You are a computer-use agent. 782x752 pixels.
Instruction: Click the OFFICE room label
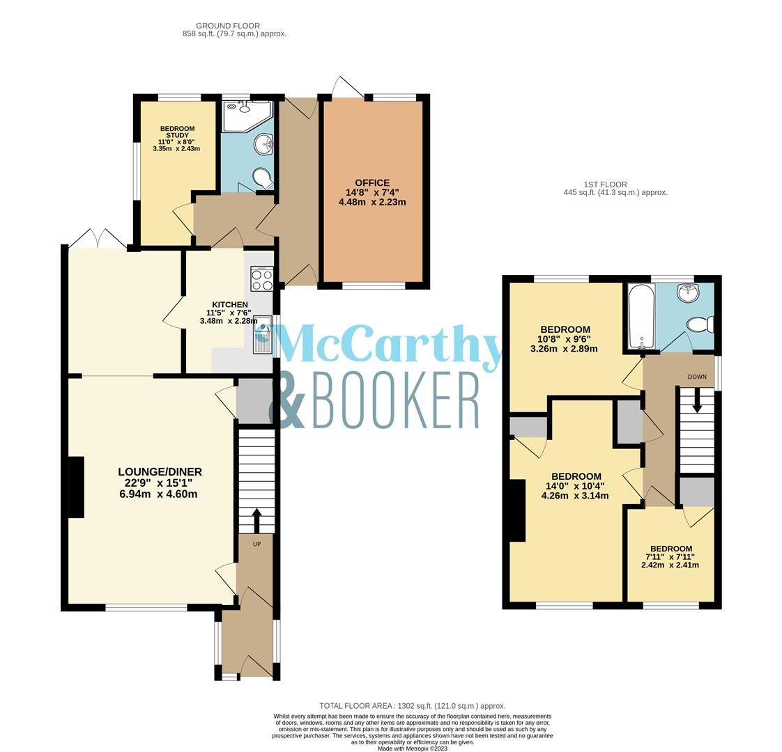(372, 183)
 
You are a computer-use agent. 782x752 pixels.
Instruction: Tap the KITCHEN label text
(229, 305)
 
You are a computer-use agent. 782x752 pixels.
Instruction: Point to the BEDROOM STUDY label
(177, 132)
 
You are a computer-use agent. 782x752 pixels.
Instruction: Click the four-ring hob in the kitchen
(262, 279)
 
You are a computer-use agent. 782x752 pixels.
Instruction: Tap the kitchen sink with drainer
(263, 334)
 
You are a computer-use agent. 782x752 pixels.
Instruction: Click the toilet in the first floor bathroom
(699, 324)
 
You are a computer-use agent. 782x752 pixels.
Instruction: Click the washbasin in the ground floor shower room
(263, 145)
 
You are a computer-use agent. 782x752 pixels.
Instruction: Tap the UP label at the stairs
(256, 544)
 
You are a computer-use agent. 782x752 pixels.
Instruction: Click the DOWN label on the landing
(697, 377)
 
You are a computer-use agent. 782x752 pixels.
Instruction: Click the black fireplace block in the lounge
(75, 487)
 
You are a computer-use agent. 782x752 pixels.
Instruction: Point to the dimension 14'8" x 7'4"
(372, 193)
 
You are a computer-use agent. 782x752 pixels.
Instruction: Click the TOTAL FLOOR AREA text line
(412, 705)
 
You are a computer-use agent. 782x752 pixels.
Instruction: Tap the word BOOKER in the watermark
(396, 401)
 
